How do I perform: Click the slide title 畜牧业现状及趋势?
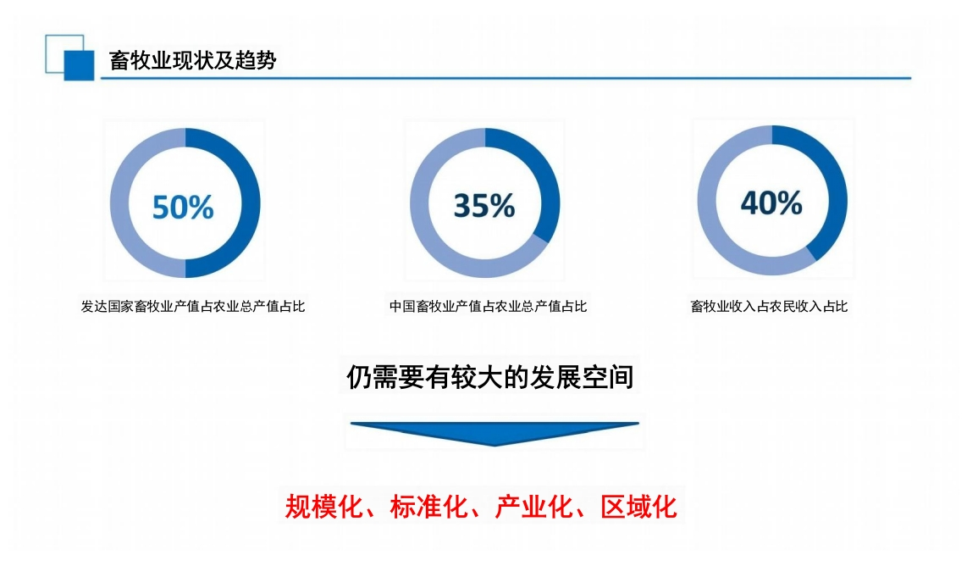pos(192,60)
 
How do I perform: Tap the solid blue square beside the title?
pos(79,65)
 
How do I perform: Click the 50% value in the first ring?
pos(183,207)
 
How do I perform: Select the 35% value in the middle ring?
pos(484,206)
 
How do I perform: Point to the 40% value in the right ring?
pos(771,203)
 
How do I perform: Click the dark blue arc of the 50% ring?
pos(251,203)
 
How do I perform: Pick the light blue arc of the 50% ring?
pos(119,203)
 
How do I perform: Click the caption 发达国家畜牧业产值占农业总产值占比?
pos(193,306)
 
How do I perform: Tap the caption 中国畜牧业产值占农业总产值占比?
pos(488,306)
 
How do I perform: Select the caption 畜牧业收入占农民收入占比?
pos(769,306)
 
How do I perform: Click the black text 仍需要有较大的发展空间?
pos(489,377)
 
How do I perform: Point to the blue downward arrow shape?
pos(495,433)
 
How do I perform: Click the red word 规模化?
pos(323,507)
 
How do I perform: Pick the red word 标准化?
pos(428,507)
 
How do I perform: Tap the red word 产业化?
pos(534,507)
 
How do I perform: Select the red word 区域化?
pos(639,507)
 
